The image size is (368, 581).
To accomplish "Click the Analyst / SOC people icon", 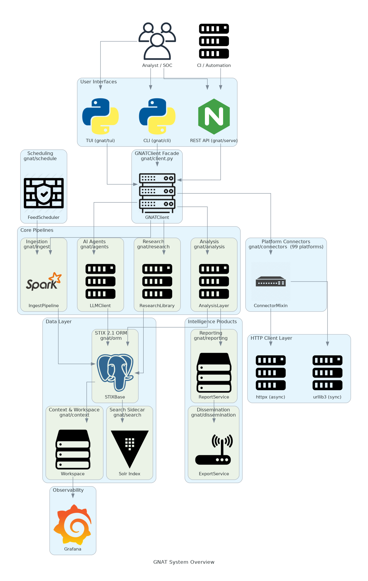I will tap(157, 41).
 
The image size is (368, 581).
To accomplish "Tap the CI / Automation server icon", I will tap(214, 41).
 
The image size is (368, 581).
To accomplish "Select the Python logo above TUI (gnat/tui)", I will tap(100, 116).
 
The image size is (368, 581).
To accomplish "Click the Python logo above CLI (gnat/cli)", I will tap(157, 116).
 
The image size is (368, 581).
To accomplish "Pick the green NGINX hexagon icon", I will tap(214, 116).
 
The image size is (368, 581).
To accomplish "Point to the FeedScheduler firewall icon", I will tap(44, 193).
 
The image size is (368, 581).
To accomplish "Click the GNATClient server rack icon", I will tap(157, 193).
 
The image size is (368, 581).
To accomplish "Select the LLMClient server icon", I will tap(100, 281).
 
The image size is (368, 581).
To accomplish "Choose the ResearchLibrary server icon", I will tap(157, 281).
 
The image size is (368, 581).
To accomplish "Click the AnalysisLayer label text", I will tap(214, 305).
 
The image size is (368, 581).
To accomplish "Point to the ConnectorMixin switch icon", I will tap(270, 281).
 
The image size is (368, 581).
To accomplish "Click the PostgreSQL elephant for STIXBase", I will tap(115, 372).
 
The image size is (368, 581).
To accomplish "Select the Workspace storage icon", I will tap(73, 449).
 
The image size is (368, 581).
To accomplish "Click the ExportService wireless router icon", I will tap(214, 449).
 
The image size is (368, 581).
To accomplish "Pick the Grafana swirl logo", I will tap(73, 525).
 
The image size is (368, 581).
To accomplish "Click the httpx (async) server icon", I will tap(270, 372).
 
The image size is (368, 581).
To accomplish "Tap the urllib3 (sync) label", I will tap(327, 397).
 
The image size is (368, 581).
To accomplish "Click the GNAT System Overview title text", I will tap(184, 562).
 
